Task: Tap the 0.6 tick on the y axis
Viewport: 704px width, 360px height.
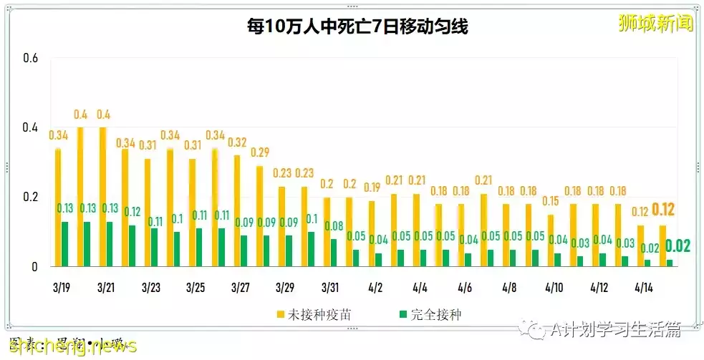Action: coord(30,58)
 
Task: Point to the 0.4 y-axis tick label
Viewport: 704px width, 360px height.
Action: coord(30,127)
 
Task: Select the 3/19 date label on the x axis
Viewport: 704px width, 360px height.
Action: coord(61,287)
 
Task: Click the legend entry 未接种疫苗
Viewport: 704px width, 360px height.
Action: coord(319,313)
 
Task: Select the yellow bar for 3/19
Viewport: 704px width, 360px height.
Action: coord(58,208)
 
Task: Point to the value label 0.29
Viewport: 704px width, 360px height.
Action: coord(260,152)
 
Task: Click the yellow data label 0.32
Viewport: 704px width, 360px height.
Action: coord(237,142)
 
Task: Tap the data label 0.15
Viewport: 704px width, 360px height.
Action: coord(550,201)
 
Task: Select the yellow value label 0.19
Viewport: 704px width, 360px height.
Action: coord(371,188)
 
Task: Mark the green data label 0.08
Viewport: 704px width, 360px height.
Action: coord(334,226)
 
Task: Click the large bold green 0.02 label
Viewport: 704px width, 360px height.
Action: coord(678,246)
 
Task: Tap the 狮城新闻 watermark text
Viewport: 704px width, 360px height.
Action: coord(655,23)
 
